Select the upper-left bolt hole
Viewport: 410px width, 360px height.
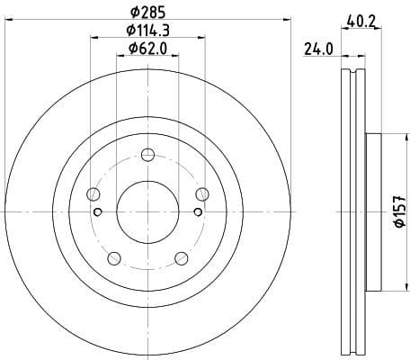tap(93, 193)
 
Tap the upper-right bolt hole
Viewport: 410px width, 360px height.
tap(201, 193)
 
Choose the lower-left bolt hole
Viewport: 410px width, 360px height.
tap(113, 257)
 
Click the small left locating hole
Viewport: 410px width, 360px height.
tap(97, 212)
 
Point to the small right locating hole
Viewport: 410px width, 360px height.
tap(197, 212)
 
